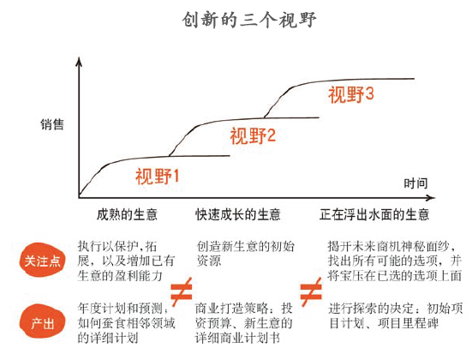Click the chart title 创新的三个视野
pos(249,20)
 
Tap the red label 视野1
pos(157,177)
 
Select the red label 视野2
pos(253,135)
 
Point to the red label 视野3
pos(351,94)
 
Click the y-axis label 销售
pos(52,124)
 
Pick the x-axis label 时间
pos(415,183)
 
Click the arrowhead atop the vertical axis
pos(79,62)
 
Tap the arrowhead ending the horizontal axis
pos(431,198)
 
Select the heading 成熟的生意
pos(127,214)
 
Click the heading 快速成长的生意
pos(238,214)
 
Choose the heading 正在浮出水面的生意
pos(374,214)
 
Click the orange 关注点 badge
pos(42,261)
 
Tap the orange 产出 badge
pos(43,322)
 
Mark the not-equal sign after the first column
pos(182,291)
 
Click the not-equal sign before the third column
pos(311,291)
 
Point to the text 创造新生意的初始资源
pos(245,254)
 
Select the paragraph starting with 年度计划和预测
pos(127,323)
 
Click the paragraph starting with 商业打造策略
pos(244,323)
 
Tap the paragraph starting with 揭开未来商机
pos(395,261)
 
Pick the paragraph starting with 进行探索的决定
pos(396,315)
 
